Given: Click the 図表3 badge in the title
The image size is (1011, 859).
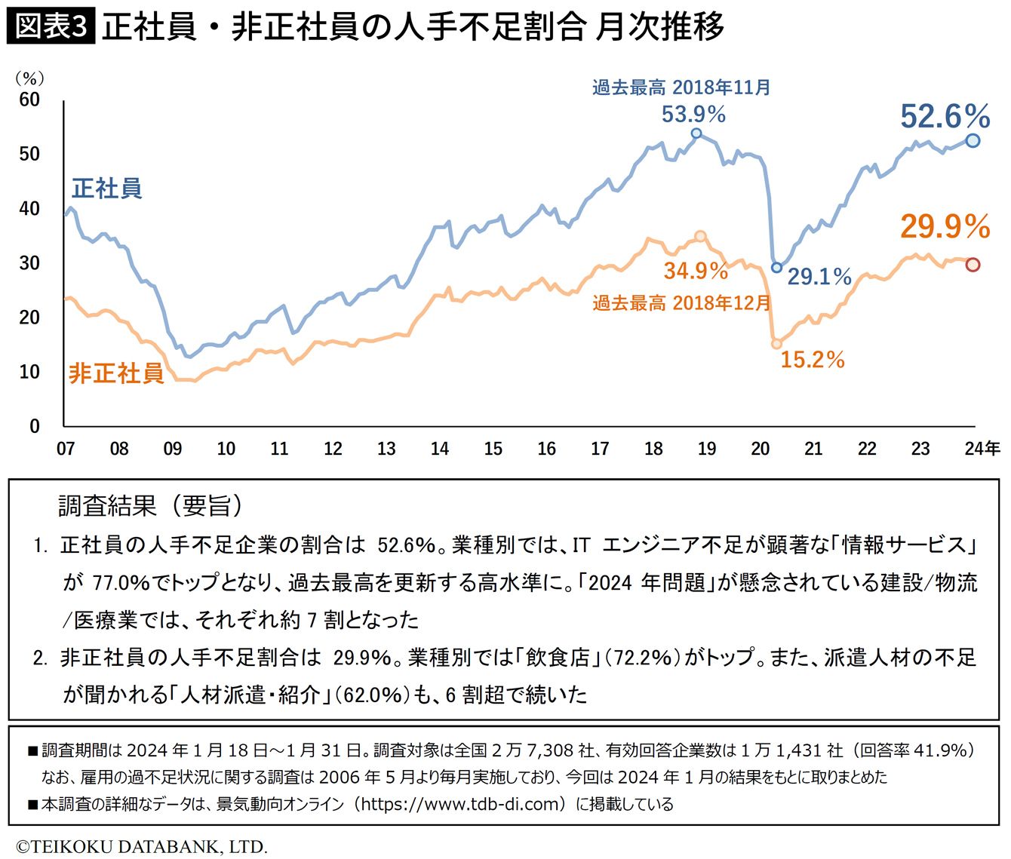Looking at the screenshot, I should coord(51,27).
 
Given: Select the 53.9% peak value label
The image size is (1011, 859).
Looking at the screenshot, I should coord(693,115).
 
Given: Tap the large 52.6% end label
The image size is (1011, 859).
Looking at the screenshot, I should coord(945,117).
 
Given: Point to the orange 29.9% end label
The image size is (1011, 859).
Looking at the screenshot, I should coord(945,226).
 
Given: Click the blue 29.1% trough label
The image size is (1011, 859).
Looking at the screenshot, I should coord(819,277).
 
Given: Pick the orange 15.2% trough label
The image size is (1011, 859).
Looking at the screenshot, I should coord(812,359).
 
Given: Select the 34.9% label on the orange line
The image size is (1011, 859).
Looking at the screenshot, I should coord(696,270).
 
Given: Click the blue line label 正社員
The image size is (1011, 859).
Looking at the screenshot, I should coord(107,188).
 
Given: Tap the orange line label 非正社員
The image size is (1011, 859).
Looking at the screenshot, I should coord(116,373).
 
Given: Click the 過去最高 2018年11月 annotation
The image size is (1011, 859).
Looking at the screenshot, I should coord(681,87).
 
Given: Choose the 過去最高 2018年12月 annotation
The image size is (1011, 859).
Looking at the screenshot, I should coord(681,303).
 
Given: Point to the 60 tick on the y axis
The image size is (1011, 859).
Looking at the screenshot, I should coord(29,100).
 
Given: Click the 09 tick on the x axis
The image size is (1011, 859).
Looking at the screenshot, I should coord(173,449).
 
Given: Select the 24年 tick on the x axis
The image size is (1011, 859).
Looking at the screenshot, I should coord(982,449).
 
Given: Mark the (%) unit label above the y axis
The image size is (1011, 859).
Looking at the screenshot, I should coord(29,78).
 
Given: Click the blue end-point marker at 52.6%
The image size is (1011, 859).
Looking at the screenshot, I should coord(973,140).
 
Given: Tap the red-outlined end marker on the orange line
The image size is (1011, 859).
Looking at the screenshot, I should coord(973,265).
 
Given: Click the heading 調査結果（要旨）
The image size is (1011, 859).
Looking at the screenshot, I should coord(151,506).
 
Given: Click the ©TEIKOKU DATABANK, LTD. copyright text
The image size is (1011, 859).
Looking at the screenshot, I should coord(142,846).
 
